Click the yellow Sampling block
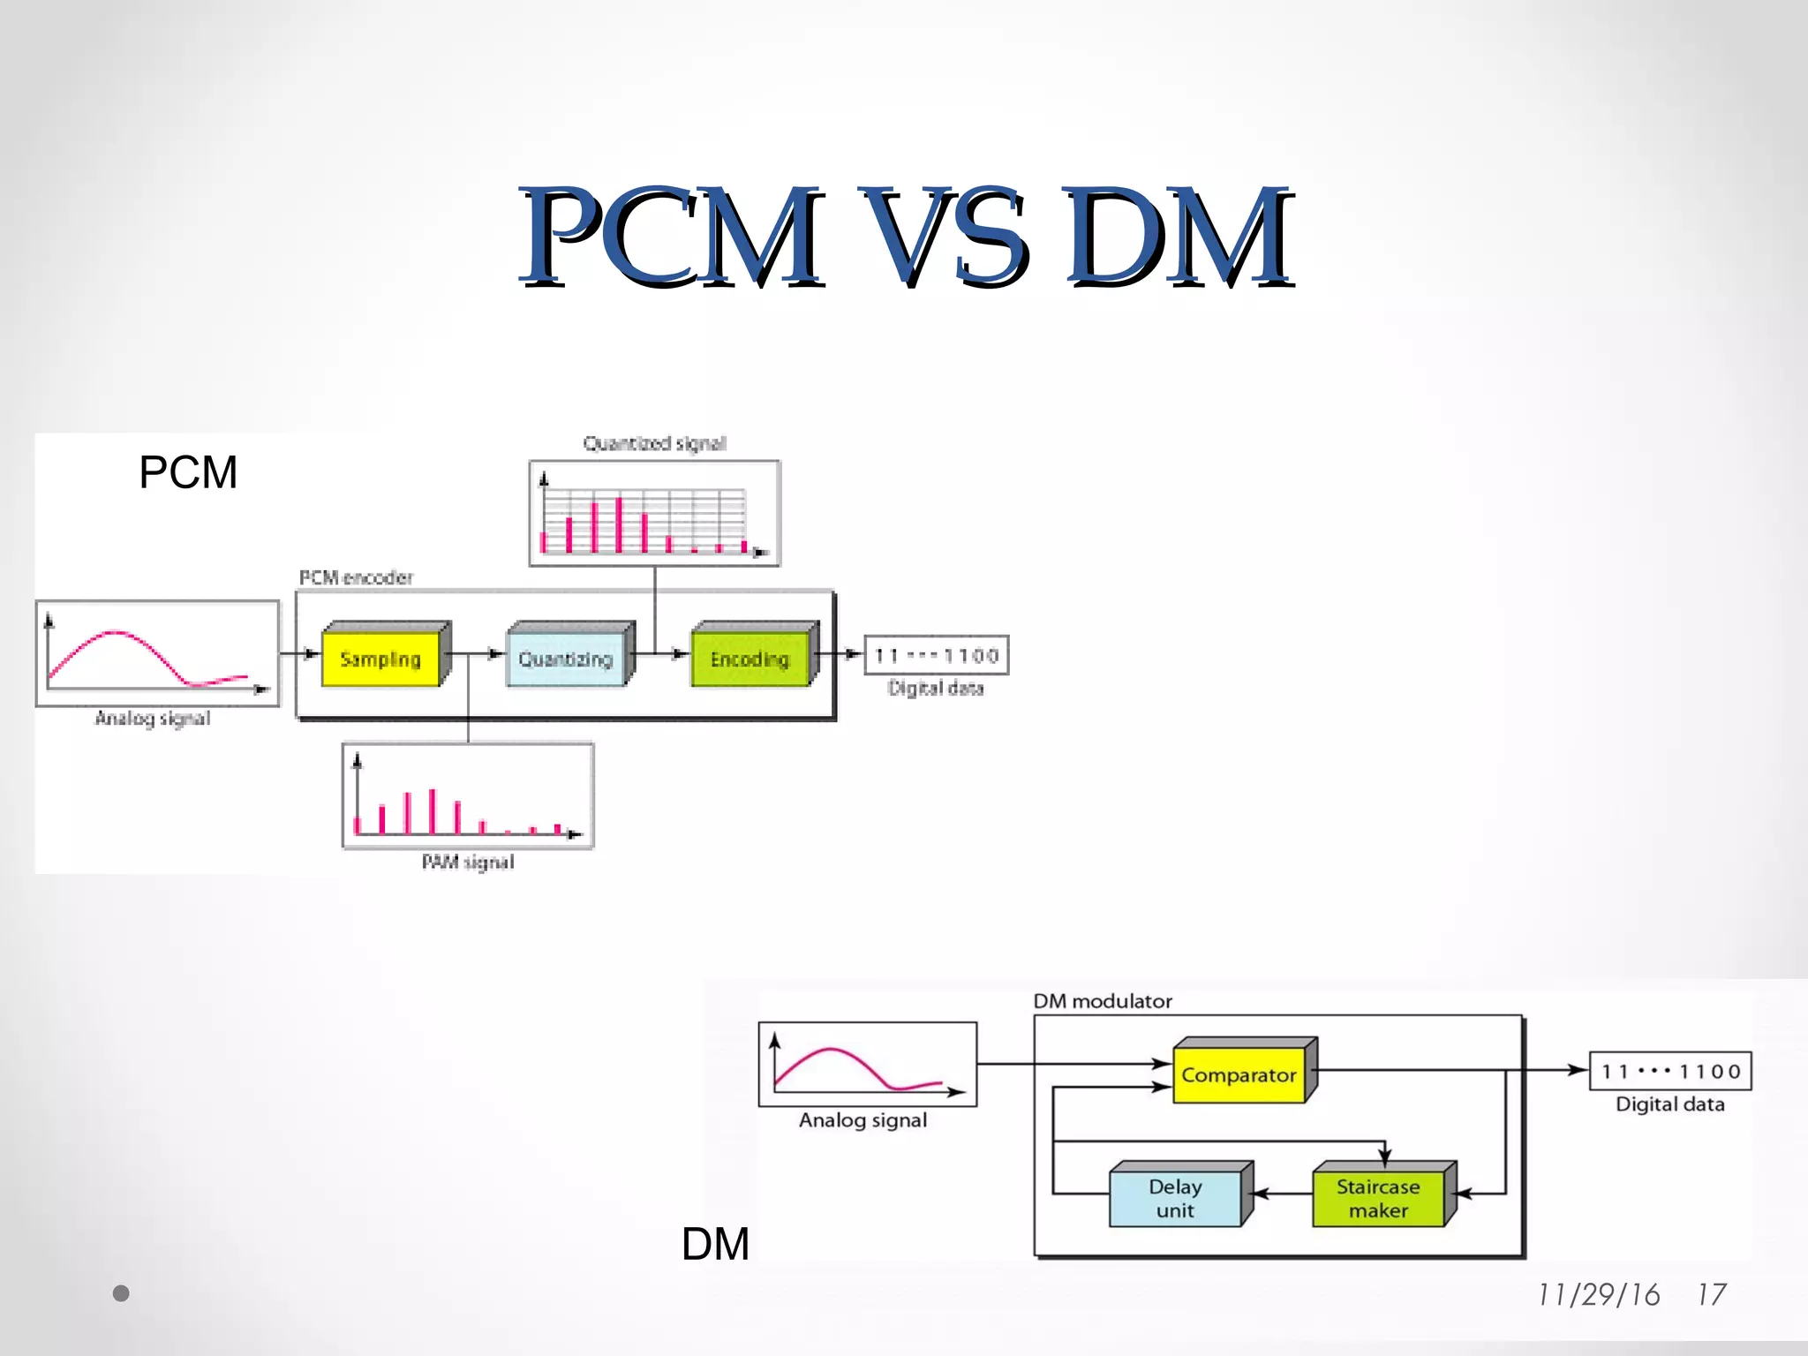point(381,659)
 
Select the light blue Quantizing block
point(566,659)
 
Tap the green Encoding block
point(750,659)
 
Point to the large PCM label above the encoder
point(188,472)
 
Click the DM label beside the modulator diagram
point(715,1244)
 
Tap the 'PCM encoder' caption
point(356,578)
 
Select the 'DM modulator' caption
point(1103,1001)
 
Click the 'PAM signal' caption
point(468,863)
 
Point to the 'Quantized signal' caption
point(654,443)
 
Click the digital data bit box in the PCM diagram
point(937,656)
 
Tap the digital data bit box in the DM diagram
point(1670,1072)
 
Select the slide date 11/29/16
point(1599,1295)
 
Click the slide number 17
point(1712,1295)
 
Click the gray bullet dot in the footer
point(122,1293)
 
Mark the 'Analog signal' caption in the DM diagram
point(863,1120)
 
